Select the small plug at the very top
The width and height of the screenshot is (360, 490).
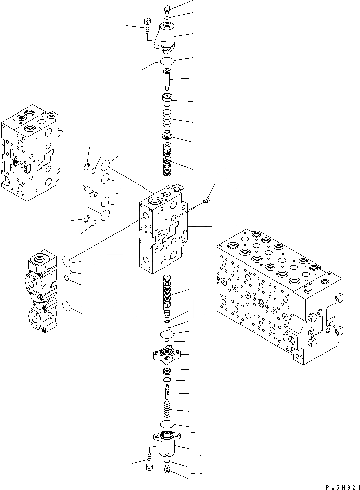[x=168, y=8]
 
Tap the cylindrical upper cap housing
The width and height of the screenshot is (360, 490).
[x=167, y=35]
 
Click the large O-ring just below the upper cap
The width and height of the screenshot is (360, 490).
[x=167, y=61]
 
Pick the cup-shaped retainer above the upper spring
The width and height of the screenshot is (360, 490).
[x=168, y=98]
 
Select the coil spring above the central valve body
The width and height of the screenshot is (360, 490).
[x=168, y=121]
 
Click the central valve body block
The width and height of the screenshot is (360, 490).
[x=165, y=228]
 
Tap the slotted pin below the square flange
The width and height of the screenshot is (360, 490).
[x=168, y=392]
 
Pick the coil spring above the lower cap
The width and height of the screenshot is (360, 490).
[x=168, y=409]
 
